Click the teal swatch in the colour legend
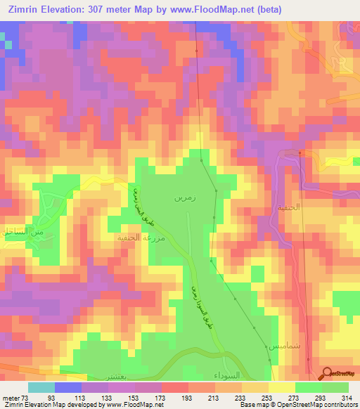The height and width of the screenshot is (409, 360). [41, 387]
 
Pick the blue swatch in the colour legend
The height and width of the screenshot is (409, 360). [68, 387]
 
